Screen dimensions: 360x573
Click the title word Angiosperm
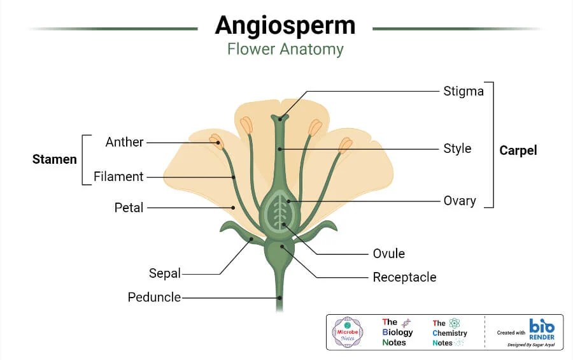285,25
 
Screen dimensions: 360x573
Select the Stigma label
463,91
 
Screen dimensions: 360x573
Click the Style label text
457,148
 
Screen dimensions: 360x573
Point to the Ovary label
460,201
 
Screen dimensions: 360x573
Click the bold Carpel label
518,151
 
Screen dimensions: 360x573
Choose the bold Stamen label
54,159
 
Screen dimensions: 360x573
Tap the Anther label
124,142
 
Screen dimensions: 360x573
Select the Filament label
118,176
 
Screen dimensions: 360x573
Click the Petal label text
129,207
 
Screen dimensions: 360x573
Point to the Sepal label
165,273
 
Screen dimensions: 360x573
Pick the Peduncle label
154,297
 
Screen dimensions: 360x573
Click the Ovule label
388,254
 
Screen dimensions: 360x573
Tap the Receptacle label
404,277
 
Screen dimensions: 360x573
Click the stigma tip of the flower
279,118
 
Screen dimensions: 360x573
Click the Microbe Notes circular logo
348,332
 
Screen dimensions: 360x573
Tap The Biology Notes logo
397,332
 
